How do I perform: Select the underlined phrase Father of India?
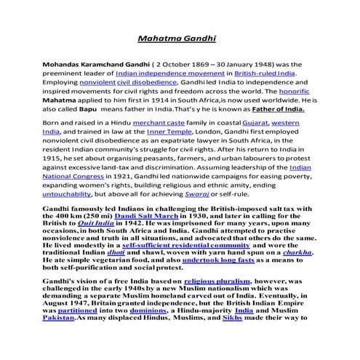pos(272,113)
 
